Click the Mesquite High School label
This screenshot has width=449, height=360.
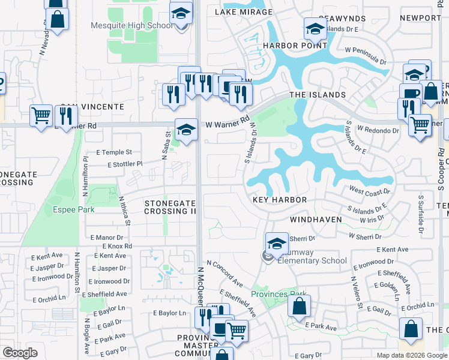point(132,25)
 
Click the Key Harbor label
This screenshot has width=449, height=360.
point(280,200)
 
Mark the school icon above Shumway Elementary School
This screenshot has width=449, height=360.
point(277,244)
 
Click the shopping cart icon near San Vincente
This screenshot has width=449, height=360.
point(41,115)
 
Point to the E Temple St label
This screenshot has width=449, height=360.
point(112,153)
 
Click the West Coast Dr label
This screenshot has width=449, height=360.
point(369,192)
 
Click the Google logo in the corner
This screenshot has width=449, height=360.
point(20,353)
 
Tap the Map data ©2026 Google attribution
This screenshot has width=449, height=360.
point(411,355)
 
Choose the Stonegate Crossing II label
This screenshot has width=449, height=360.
point(170,208)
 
